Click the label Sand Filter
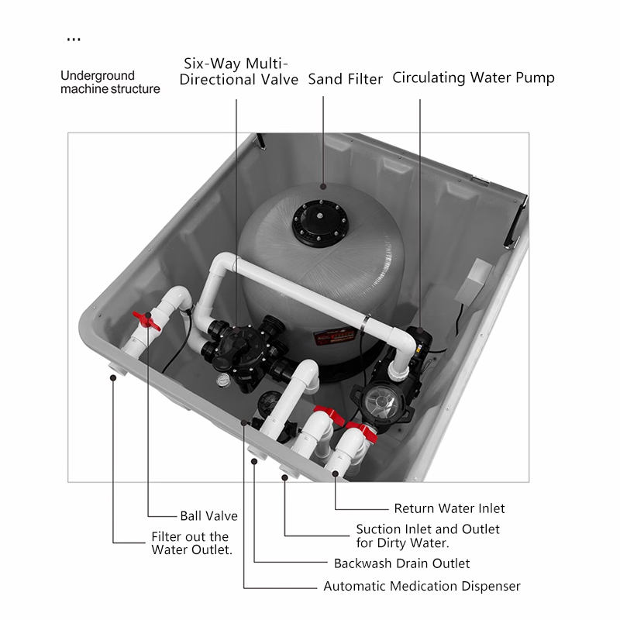(345, 79)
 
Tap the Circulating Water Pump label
(474, 77)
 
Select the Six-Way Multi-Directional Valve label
(239, 71)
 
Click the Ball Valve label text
(208, 515)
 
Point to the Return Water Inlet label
(449, 508)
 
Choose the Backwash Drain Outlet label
(401, 563)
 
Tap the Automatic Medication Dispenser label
(422, 586)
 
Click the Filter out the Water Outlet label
(191, 543)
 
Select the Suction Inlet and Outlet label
(428, 536)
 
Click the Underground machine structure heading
(110, 82)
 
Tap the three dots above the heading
(74, 40)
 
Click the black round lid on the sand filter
(320, 223)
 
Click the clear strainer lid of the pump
(381, 401)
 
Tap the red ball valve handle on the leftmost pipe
(146, 321)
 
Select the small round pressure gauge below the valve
(223, 381)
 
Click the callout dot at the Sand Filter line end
(323, 186)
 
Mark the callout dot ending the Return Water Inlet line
(336, 474)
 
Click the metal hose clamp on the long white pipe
(365, 324)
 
